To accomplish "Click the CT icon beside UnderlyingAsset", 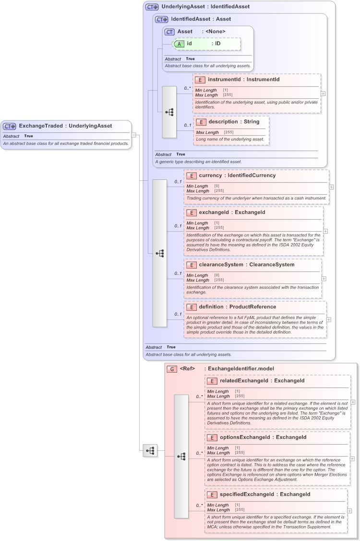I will [152, 7].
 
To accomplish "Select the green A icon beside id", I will [179, 44].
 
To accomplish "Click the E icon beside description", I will [201, 122].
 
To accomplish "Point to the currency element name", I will [210, 176].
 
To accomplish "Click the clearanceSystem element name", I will [223, 265].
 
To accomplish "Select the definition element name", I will [211, 307].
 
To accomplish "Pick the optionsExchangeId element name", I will [246, 437].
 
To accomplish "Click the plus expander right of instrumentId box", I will [323, 94].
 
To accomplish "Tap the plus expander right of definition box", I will [329, 319].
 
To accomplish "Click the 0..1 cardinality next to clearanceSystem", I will [178, 273].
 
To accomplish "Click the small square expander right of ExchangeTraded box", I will [134, 135].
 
